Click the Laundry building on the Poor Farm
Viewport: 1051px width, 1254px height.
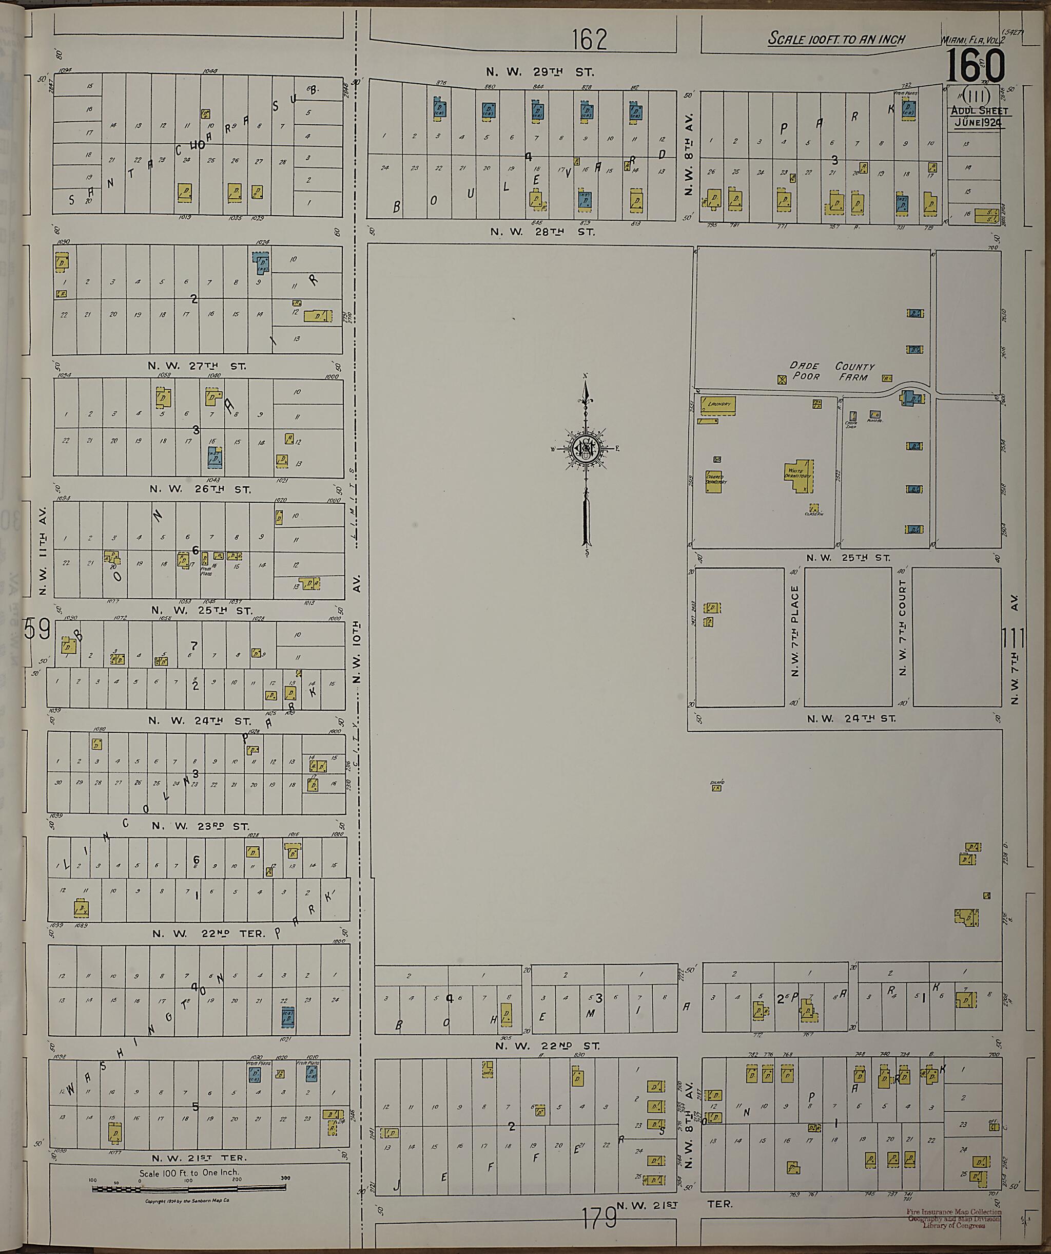(x=718, y=405)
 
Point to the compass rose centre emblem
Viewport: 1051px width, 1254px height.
(x=586, y=448)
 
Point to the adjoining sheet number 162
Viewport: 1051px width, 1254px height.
(x=589, y=40)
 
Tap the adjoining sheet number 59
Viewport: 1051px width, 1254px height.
(x=37, y=631)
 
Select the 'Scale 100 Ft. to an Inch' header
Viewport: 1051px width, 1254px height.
(x=835, y=40)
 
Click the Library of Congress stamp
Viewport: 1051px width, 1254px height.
(x=953, y=1215)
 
